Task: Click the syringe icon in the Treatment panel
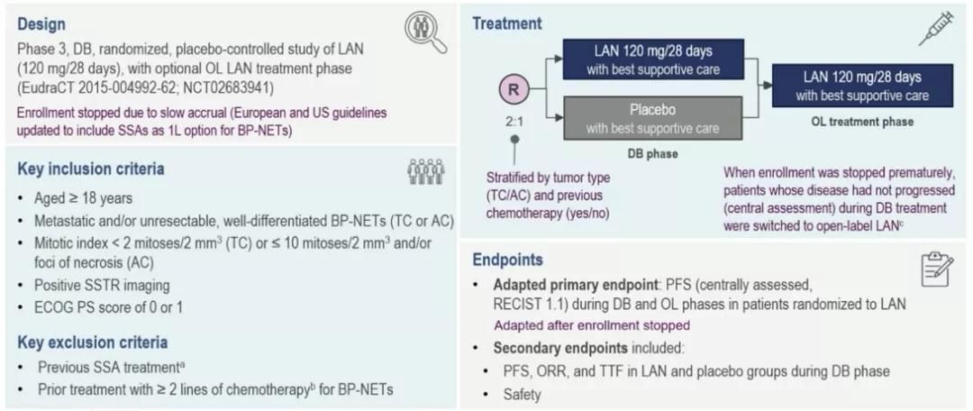pos(936,30)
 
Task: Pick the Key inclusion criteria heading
pos(90,169)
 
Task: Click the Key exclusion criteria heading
pos(92,342)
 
